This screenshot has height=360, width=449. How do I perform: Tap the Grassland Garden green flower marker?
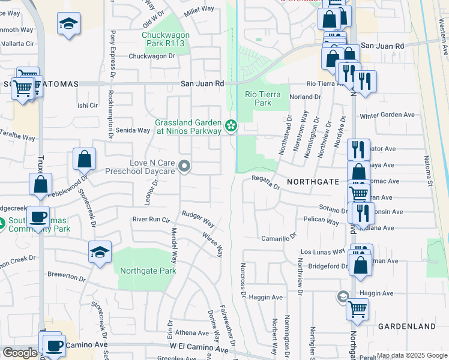231,125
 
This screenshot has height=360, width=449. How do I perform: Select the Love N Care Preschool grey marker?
185,166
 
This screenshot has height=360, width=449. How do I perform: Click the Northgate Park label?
148,271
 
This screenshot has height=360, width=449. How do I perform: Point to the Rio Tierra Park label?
258,98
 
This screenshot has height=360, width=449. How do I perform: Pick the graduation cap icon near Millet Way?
68,24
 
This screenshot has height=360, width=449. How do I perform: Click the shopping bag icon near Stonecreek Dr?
85,160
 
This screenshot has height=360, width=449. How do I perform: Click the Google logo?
19,353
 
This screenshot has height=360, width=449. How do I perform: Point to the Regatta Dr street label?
266,182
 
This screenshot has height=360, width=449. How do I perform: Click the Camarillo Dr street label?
279,238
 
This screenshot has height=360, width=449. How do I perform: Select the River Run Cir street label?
150,219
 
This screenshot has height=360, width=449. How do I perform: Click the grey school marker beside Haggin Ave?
343,296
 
